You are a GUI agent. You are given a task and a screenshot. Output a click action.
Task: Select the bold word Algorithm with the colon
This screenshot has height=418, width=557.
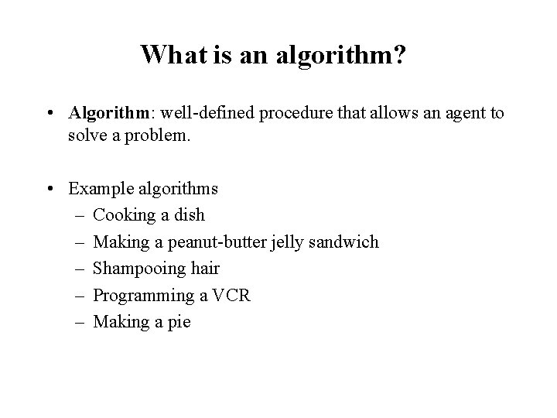(x=112, y=114)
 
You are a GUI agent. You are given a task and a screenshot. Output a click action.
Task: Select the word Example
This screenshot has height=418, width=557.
(x=98, y=189)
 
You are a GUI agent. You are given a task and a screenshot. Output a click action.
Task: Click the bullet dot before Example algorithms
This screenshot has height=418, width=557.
(x=50, y=189)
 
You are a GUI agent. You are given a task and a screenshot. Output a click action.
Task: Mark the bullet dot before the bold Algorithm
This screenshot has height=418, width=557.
(x=50, y=114)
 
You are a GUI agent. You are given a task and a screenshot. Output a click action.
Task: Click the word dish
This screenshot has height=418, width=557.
(x=189, y=215)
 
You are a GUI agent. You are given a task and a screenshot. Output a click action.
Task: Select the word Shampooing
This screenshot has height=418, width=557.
(x=138, y=269)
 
